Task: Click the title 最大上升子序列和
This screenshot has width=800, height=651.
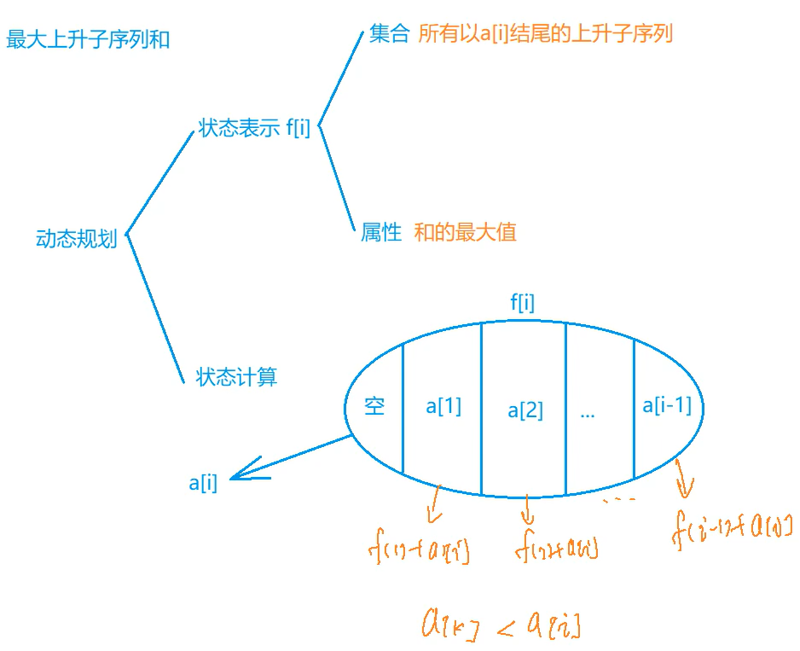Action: tap(88, 39)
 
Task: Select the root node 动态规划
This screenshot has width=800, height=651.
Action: tap(76, 238)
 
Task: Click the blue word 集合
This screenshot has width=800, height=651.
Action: tap(390, 34)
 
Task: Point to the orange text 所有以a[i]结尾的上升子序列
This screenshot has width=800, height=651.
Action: tap(546, 34)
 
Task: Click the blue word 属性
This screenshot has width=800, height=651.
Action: tap(381, 232)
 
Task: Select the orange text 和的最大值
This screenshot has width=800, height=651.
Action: tap(465, 232)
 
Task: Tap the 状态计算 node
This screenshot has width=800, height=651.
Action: tap(236, 376)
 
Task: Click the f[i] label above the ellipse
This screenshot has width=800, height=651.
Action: tap(522, 302)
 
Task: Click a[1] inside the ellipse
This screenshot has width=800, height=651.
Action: tap(443, 406)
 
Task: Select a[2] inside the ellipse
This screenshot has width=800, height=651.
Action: tap(525, 410)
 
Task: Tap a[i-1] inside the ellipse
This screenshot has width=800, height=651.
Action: tap(666, 405)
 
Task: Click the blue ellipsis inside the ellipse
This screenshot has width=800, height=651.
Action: tap(587, 413)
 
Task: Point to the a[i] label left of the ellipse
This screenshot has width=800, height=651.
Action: tap(203, 483)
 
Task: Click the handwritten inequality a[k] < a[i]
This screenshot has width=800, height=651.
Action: tap(501, 624)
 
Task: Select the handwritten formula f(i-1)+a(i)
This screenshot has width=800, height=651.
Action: tap(733, 526)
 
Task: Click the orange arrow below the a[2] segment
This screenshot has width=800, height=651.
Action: tap(527, 509)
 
